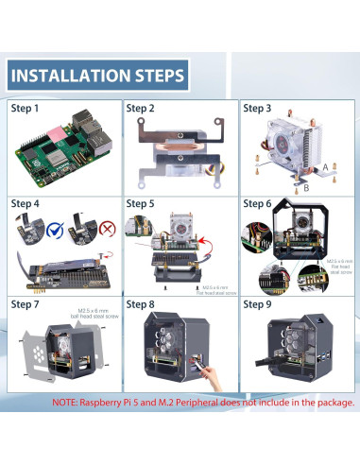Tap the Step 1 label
pyautogui.click(x=26, y=109)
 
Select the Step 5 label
pyautogui.click(x=142, y=203)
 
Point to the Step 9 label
pyautogui.click(x=258, y=304)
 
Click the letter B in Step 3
pyautogui.click(x=304, y=187)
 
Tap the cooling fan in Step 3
pyautogui.click(x=287, y=137)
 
